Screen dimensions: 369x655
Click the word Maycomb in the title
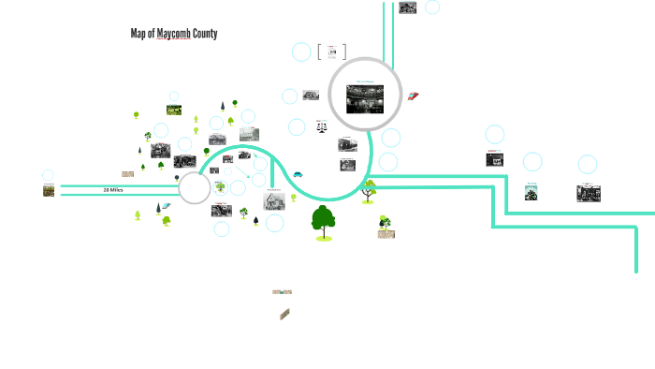click(174, 34)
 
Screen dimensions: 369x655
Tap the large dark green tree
click(324, 222)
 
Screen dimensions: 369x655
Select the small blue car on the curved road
click(298, 173)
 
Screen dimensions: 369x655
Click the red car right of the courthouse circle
click(413, 95)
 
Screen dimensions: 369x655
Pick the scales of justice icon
click(322, 125)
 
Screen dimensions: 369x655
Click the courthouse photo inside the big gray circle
click(365, 97)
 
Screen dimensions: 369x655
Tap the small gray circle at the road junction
click(195, 188)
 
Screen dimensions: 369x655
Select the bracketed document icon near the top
click(331, 52)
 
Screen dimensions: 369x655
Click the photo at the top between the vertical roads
click(408, 8)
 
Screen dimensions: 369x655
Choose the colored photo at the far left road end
click(49, 191)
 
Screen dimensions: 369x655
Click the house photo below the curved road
click(275, 200)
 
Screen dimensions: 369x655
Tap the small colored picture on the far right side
click(531, 192)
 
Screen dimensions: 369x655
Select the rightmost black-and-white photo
click(589, 193)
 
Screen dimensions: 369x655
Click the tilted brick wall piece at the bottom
click(284, 315)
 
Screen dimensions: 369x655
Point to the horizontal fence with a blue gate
click(282, 292)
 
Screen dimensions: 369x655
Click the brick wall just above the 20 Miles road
click(127, 173)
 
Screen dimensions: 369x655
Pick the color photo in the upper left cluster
click(174, 111)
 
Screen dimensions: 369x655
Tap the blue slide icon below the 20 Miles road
click(166, 206)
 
